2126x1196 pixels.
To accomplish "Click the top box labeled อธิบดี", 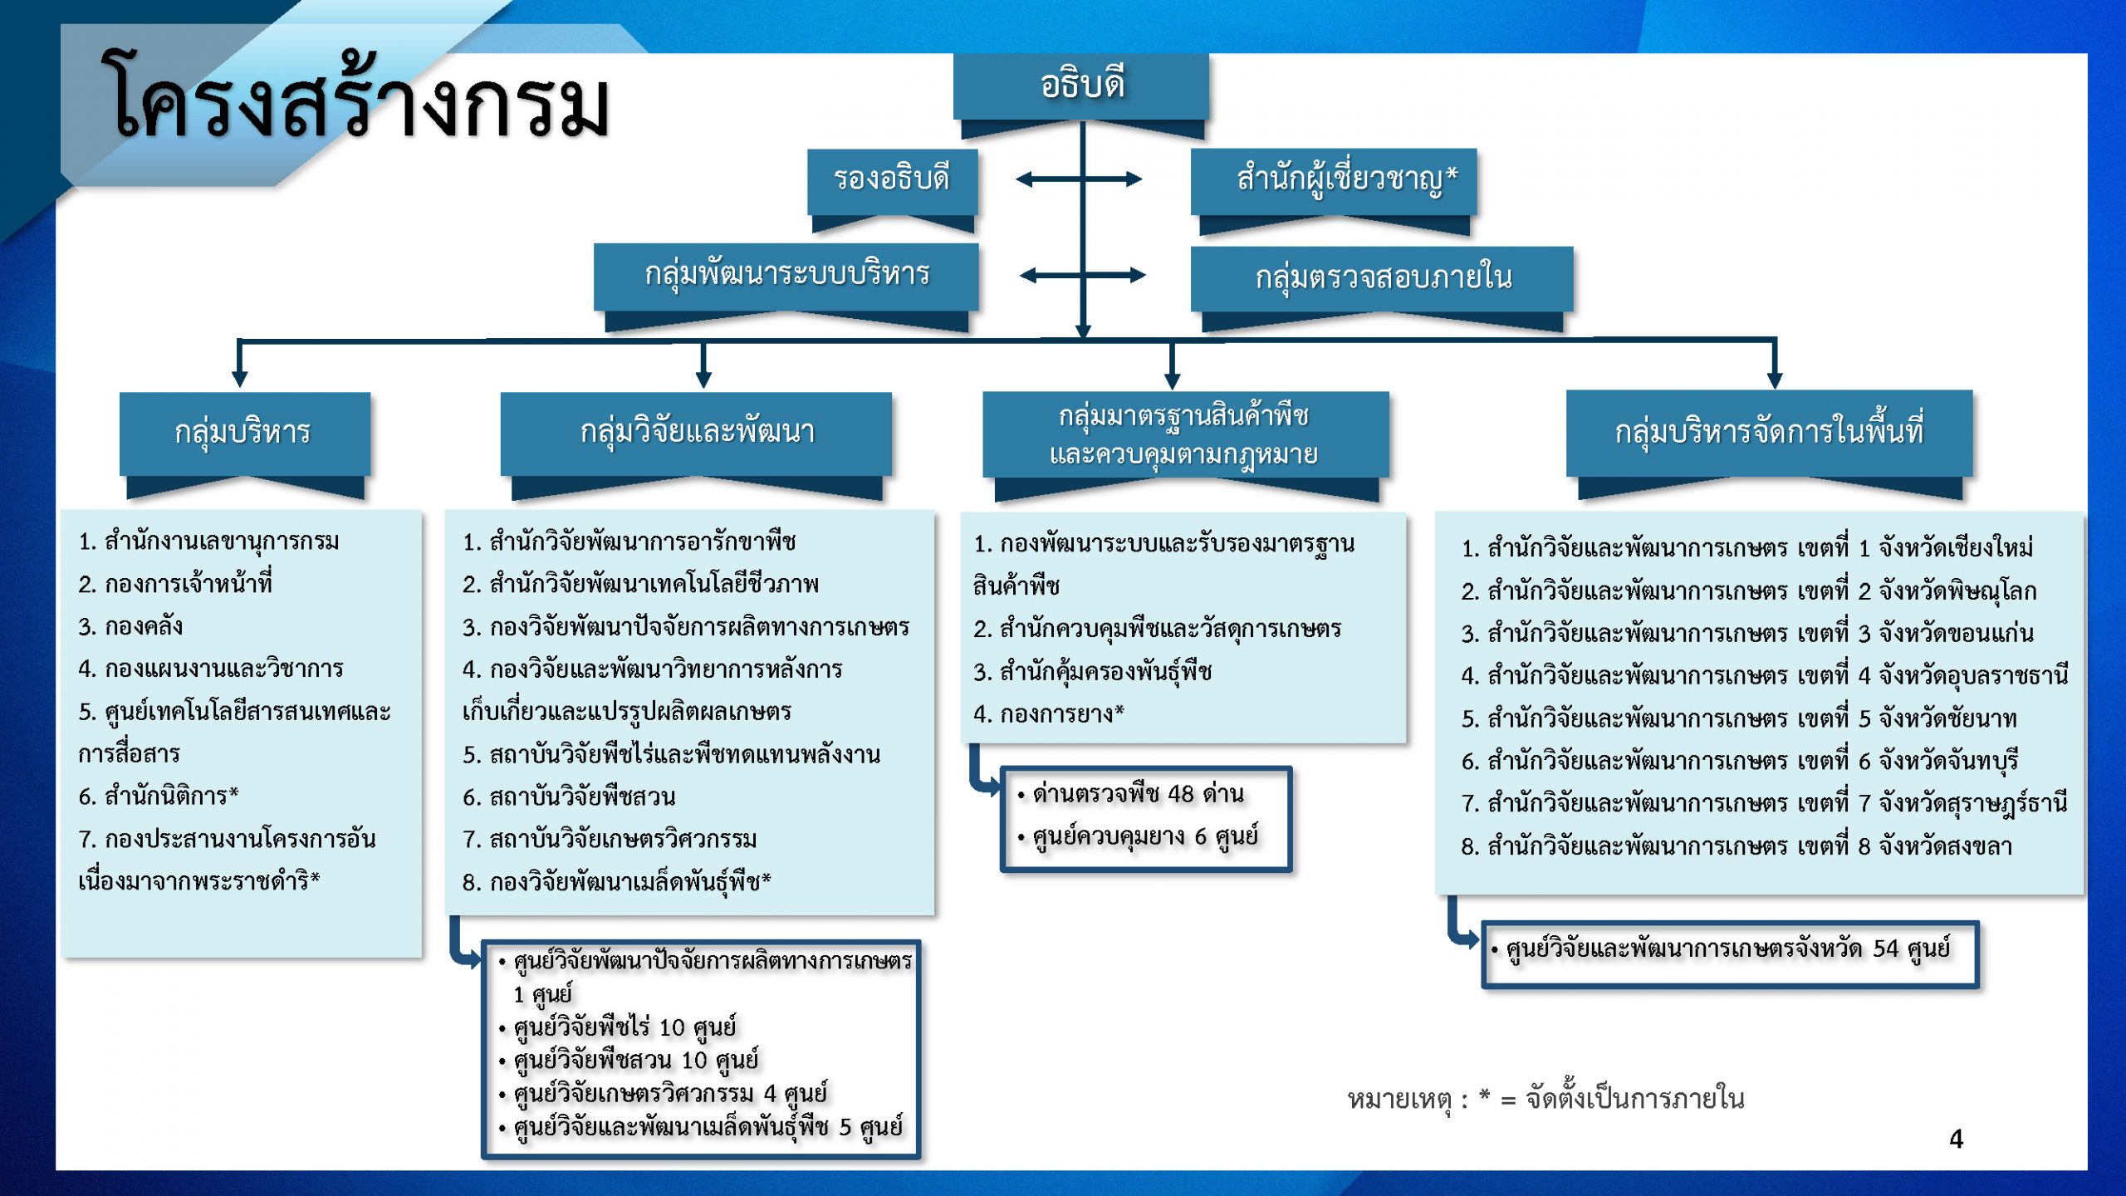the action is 1080,87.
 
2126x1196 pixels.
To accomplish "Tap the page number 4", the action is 1957,1139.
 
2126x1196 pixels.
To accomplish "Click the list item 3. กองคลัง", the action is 130,626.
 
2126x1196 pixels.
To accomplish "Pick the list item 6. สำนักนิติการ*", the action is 159,796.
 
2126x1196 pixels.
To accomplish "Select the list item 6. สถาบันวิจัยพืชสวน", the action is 569,797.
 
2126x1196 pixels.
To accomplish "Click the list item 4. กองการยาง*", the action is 1049,713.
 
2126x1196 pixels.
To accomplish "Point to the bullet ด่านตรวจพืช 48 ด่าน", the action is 1130,794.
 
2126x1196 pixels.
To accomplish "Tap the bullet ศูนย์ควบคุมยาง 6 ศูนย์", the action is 1137,837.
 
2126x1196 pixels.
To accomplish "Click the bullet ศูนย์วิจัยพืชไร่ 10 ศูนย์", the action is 617,1027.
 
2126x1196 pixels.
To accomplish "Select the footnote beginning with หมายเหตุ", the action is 1546,1099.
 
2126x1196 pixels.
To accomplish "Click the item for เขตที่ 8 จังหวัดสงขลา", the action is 1737,846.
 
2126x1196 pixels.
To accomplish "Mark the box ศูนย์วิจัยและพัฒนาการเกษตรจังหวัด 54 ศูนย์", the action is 1730,955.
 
